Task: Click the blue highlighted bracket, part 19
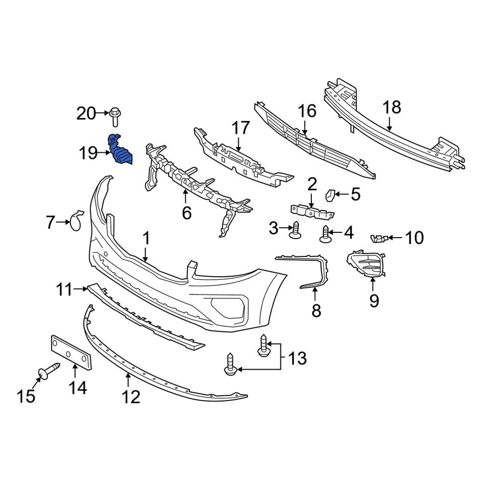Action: click(x=120, y=150)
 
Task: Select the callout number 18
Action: click(x=392, y=107)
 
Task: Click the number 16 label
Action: click(x=307, y=111)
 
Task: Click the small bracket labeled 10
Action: click(x=378, y=238)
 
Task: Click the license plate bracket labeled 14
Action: click(x=71, y=353)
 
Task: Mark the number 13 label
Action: click(x=297, y=358)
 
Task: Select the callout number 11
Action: click(x=64, y=290)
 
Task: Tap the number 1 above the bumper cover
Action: click(x=146, y=239)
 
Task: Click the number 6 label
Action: click(x=187, y=212)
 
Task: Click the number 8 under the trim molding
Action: click(x=316, y=311)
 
